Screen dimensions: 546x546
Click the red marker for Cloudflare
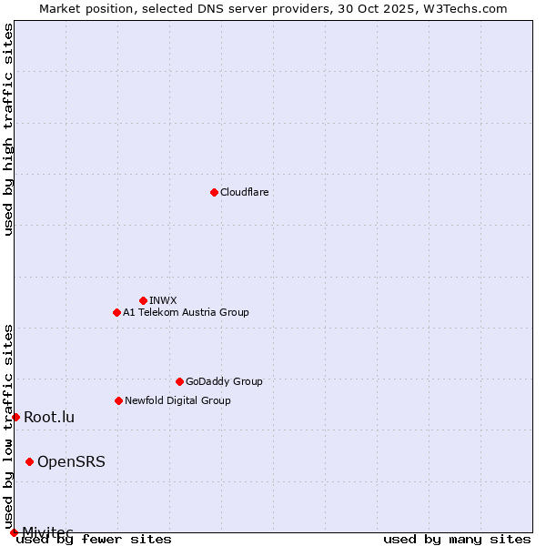(214, 192)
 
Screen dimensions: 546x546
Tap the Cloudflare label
(244, 192)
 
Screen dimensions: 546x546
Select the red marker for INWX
(143, 300)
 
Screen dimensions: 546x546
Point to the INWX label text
(163, 300)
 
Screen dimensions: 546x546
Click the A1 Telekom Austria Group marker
(116, 312)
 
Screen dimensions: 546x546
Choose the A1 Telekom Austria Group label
(186, 312)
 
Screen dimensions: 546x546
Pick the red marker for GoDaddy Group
(179, 381)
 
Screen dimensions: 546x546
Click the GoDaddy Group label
(224, 381)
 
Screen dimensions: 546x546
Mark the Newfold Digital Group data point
(118, 400)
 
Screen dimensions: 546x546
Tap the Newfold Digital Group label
(177, 400)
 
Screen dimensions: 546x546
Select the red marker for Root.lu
(15, 417)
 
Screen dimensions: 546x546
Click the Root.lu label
(49, 418)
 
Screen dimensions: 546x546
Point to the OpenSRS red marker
(29, 461)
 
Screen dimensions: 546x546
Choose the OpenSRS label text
(71, 462)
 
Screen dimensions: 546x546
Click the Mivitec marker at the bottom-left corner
(14, 532)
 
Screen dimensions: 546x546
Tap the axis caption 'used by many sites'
(457, 540)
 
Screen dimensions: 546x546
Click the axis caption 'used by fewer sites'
(94, 540)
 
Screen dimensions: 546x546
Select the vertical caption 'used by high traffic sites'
(8, 129)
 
